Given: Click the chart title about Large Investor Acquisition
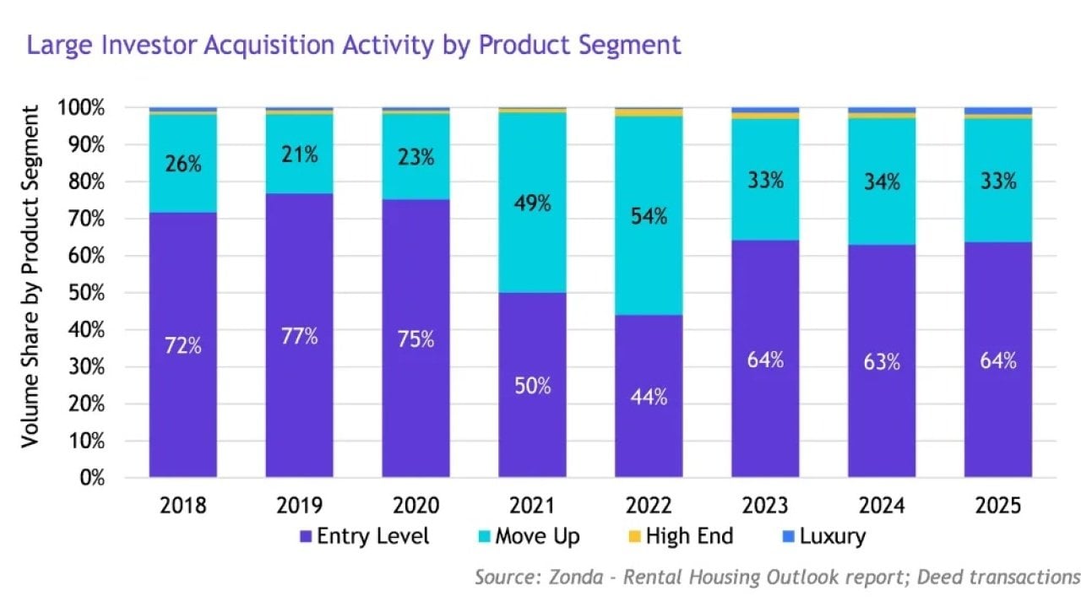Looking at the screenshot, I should pyautogui.click(x=354, y=44).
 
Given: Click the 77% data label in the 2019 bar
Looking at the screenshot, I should pyautogui.click(x=300, y=336).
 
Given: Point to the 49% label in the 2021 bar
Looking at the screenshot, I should pyautogui.click(x=532, y=203).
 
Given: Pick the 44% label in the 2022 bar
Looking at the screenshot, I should pyautogui.click(x=649, y=397).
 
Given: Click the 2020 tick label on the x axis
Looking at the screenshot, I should pyautogui.click(x=416, y=506).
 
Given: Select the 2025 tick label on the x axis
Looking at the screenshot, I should pyautogui.click(x=998, y=506).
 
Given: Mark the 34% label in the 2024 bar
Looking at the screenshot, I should pyautogui.click(x=882, y=182).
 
